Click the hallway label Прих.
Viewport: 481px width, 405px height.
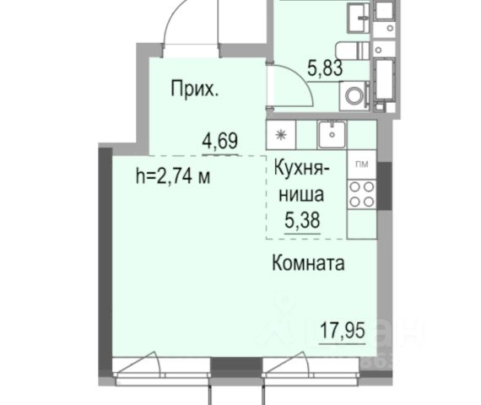point(194,89)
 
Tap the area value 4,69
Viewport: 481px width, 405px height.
point(220,141)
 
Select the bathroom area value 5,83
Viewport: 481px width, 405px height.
point(325,68)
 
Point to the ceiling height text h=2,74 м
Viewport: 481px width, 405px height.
point(173,176)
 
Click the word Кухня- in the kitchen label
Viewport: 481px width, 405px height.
point(302,168)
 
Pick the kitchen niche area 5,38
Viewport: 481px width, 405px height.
point(302,220)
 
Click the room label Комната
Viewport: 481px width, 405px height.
point(308,263)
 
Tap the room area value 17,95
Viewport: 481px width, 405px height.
point(343,330)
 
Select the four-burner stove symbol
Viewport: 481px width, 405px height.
point(362,195)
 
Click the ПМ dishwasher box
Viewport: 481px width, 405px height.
point(362,165)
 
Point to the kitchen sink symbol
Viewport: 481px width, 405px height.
point(332,134)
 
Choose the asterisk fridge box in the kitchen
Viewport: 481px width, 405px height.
point(281,135)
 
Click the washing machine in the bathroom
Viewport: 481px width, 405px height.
point(354,95)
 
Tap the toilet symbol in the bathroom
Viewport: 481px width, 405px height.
point(352,51)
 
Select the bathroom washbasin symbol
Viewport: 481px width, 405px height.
point(359,18)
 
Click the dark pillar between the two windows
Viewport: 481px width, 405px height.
point(236,367)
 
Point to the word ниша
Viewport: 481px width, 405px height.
point(301,195)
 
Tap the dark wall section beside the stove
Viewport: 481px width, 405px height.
point(384,186)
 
